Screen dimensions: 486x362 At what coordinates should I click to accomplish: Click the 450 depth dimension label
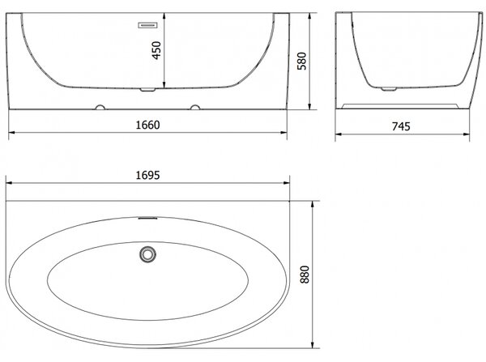[156, 50]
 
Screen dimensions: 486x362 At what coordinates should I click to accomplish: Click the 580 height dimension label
[301, 61]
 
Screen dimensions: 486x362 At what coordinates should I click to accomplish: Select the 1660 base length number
[148, 125]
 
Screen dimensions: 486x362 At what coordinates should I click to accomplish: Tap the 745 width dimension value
[401, 126]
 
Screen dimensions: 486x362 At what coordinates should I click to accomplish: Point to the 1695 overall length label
[148, 176]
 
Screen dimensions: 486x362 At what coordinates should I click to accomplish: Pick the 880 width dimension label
[305, 275]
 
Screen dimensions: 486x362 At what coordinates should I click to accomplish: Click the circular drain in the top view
[147, 254]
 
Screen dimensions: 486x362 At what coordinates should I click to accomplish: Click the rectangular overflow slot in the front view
[148, 25]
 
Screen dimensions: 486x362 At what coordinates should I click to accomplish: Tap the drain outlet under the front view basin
[147, 90]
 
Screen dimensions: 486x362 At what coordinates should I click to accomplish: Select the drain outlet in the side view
[389, 89]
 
